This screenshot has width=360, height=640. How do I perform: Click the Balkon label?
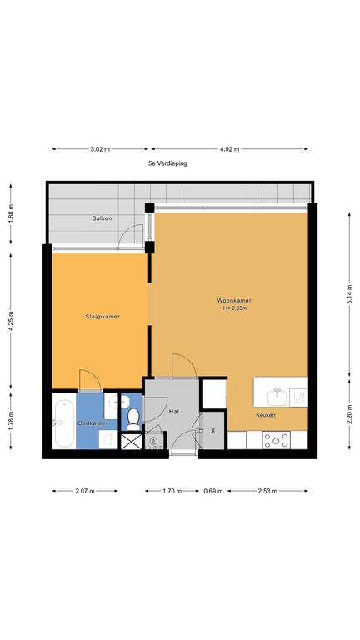(x=102, y=218)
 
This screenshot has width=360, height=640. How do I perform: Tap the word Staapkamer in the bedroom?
(x=102, y=317)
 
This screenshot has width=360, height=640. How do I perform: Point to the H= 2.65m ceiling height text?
(x=235, y=308)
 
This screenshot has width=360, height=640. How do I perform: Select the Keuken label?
(x=266, y=415)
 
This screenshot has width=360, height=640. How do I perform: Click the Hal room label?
(x=174, y=412)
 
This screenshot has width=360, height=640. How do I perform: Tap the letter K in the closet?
(x=213, y=431)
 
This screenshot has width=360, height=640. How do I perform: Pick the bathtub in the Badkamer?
(x=64, y=422)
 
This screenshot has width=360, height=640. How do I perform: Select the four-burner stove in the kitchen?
(x=277, y=440)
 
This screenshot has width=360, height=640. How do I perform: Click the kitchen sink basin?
(x=278, y=397)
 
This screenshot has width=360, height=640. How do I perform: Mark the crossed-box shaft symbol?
(x=132, y=442)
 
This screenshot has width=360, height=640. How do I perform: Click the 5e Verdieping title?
(x=167, y=163)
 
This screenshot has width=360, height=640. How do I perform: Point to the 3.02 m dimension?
(x=100, y=149)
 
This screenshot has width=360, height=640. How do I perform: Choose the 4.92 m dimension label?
(x=229, y=149)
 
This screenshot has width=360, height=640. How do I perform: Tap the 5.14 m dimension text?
(x=350, y=294)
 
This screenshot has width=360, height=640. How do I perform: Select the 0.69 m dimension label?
(x=213, y=491)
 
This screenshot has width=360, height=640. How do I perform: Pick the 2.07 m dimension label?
(x=85, y=491)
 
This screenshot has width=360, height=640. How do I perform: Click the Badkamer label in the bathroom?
(x=92, y=423)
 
